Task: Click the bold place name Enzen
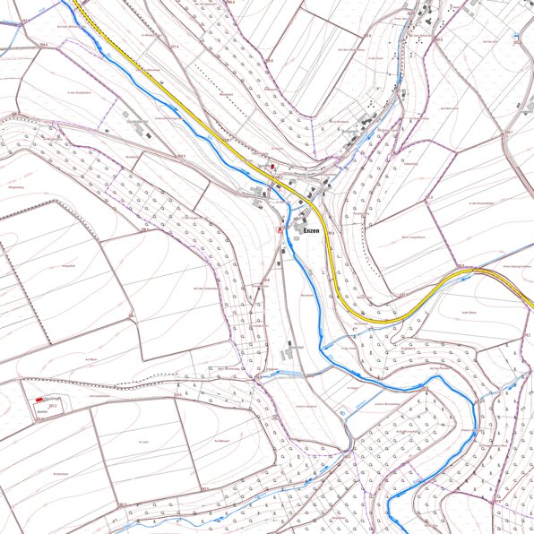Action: tap(312, 231)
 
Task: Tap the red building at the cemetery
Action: tap(39, 400)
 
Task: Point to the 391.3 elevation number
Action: tap(54, 406)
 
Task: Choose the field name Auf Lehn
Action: tap(142, 442)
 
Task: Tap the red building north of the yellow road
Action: tap(273, 167)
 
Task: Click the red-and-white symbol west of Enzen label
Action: tap(279, 230)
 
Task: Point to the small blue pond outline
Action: tap(344, 411)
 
